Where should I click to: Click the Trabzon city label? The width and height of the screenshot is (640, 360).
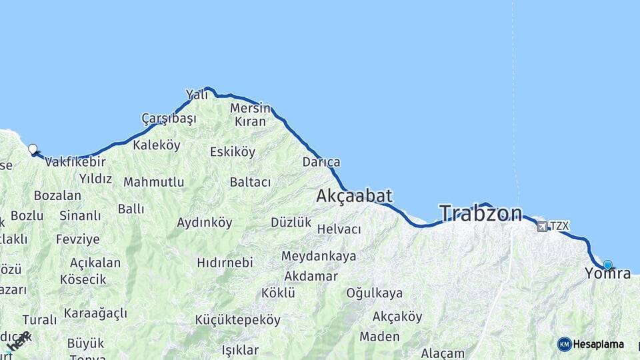point(481,213)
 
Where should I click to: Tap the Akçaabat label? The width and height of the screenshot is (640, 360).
point(354,196)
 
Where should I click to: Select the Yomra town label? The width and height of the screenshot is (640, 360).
point(607,273)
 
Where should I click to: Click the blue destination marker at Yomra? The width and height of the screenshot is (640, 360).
point(607,264)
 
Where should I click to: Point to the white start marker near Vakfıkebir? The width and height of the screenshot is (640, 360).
point(33,149)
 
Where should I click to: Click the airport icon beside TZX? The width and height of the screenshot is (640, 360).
point(542,226)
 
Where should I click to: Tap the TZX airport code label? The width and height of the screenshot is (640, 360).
point(560,226)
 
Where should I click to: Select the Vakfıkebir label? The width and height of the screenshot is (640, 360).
point(75,161)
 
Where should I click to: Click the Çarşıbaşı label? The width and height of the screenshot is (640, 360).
point(169,119)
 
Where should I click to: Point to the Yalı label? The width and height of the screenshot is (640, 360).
point(197,95)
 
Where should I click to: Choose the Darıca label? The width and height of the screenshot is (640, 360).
point(321,162)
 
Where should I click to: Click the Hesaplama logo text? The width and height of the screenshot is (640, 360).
point(599,344)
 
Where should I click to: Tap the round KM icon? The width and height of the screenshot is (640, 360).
point(565,344)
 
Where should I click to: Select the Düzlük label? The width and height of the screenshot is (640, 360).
point(291,223)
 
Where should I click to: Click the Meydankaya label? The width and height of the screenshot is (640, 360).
point(318,256)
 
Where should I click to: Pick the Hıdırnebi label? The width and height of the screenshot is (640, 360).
point(225,263)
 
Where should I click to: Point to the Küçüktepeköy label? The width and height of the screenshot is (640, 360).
point(237,320)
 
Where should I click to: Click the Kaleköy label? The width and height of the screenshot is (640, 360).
point(157,145)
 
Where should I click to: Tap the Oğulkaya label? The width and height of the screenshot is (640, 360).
point(374,293)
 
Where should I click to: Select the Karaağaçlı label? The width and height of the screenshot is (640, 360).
point(95,313)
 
